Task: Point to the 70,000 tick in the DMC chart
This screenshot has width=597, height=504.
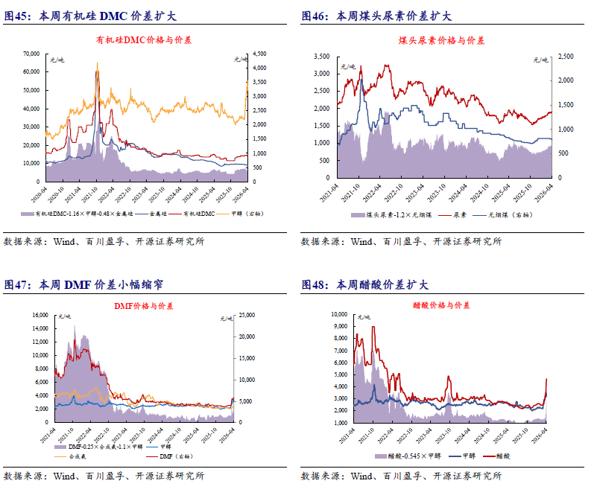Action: coord(31,54)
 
